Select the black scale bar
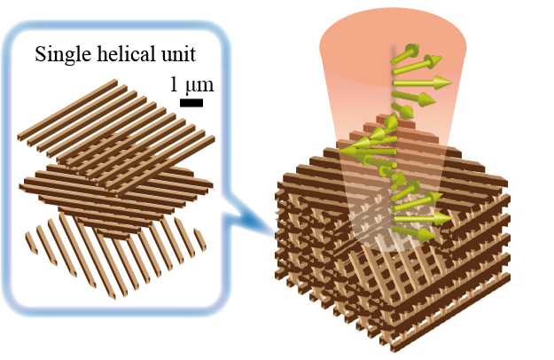pyautogui.click(x=191, y=103)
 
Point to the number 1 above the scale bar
pyautogui.click(x=176, y=86)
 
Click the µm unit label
pyautogui.click(x=199, y=86)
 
